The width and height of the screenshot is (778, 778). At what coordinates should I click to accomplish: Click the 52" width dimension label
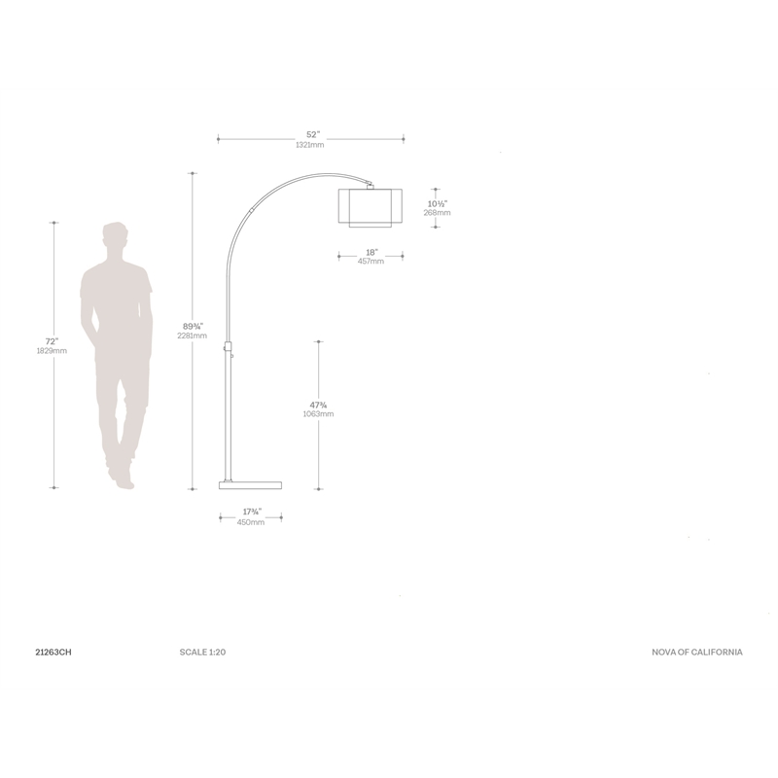[313, 134]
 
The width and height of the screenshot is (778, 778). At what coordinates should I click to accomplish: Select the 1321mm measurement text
[309, 145]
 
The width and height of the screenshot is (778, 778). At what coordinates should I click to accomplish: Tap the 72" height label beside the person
[52, 341]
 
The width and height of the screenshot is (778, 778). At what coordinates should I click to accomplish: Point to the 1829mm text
[52, 351]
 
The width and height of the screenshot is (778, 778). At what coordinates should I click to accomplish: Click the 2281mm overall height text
[192, 336]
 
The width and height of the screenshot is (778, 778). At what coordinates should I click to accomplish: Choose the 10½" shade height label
[437, 203]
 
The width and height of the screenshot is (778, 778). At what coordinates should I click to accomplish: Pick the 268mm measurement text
[437, 213]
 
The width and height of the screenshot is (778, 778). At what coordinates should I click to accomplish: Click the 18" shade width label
[371, 253]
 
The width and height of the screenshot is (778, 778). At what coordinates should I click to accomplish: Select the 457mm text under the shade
[371, 262]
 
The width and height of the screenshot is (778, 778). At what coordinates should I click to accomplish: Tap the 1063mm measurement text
[318, 414]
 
